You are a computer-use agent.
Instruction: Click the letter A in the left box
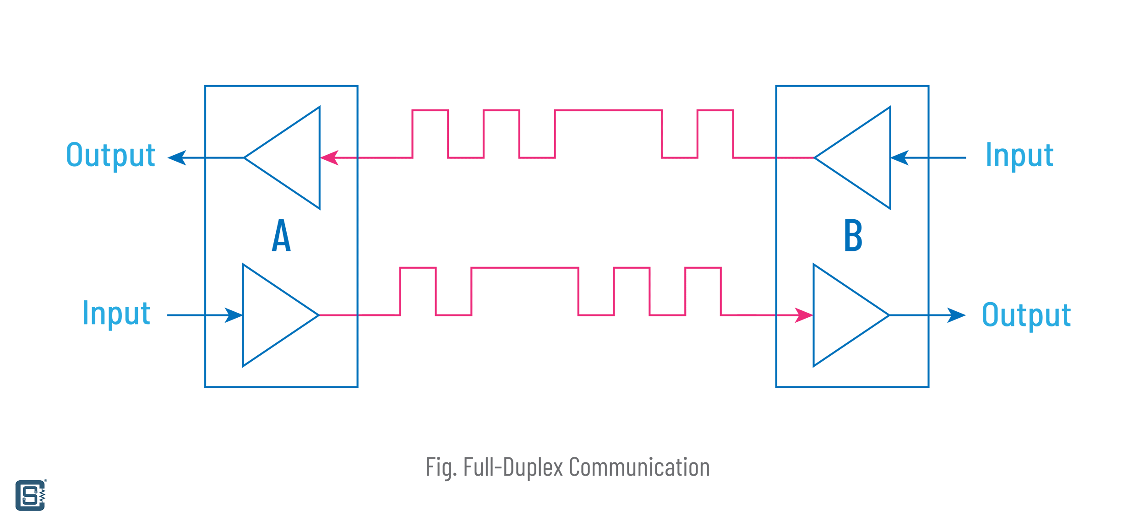click(x=281, y=236)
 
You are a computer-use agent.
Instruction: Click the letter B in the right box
click(x=853, y=236)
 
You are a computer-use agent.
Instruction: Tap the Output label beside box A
click(x=111, y=155)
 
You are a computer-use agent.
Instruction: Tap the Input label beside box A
click(x=116, y=313)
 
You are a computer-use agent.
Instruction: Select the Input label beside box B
click(x=1020, y=155)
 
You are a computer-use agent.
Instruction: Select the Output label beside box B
click(x=1026, y=315)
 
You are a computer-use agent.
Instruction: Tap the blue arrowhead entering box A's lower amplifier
click(x=233, y=315)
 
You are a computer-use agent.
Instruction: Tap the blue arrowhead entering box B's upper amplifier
click(x=900, y=158)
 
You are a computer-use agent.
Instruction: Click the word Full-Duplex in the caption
click(x=513, y=466)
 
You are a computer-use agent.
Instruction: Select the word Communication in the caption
click(x=639, y=466)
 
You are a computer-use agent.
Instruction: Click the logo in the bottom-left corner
click(x=30, y=495)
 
